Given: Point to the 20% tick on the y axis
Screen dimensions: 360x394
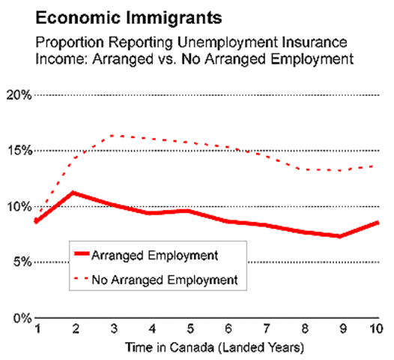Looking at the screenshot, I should pyautogui.click(x=17, y=95).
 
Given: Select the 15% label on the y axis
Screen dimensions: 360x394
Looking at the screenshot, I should pyautogui.click(x=17, y=151).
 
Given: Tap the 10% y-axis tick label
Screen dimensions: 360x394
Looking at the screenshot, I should pyautogui.click(x=17, y=206).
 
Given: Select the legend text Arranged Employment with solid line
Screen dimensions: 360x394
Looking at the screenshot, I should pyautogui.click(x=154, y=255).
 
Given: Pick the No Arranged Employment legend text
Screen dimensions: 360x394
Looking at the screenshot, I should pyautogui.click(x=165, y=280).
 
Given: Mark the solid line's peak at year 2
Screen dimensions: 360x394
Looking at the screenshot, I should pyautogui.click(x=73, y=193).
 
